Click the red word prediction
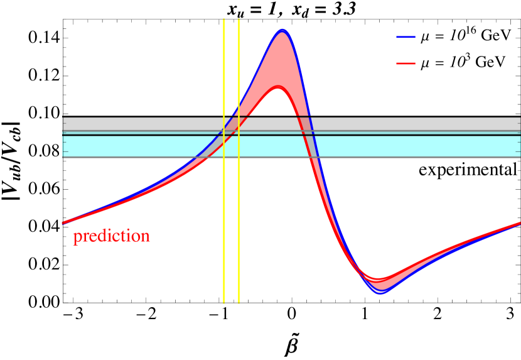point(111,237)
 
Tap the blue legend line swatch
point(406,38)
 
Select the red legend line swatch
point(406,63)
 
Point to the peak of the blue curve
point(282,30)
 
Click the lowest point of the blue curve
point(380,293)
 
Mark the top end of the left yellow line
point(224,19)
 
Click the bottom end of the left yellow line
point(224,303)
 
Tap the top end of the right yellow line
point(239,19)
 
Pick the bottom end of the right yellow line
point(239,303)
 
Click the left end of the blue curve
point(63,222)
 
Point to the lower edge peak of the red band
point(279,89)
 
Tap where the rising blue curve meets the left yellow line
point(224,129)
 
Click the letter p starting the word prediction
point(77,238)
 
